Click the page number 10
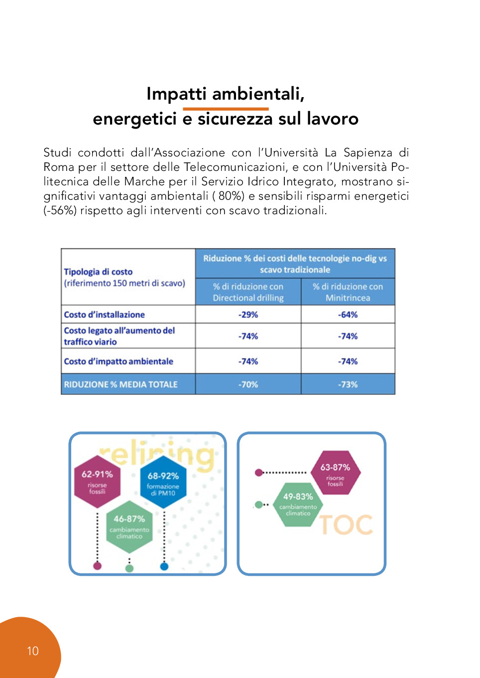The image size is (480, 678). pos(33,651)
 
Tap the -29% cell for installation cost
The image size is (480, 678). pos(248,315)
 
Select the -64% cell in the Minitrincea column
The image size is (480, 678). pos(348,315)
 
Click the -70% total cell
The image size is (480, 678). pos(248,385)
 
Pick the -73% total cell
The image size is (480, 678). pos(348,385)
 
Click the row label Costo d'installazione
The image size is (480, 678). pos(105,315)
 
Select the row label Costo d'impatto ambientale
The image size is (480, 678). pos(119,362)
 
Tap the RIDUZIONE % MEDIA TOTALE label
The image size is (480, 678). pos(120,385)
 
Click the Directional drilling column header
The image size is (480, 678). pos(248,292)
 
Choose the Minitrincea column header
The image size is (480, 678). pos(348,292)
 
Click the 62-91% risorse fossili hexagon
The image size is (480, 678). pos(97,481)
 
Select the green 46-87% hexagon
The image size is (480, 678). pos(129,527)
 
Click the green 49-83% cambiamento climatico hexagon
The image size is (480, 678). pos(298,504)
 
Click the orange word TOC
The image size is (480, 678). pos(346,525)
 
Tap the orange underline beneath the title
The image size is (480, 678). pos(226,109)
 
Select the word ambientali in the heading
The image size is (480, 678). pos(258,94)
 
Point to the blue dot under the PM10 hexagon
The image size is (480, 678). pos(164,566)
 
